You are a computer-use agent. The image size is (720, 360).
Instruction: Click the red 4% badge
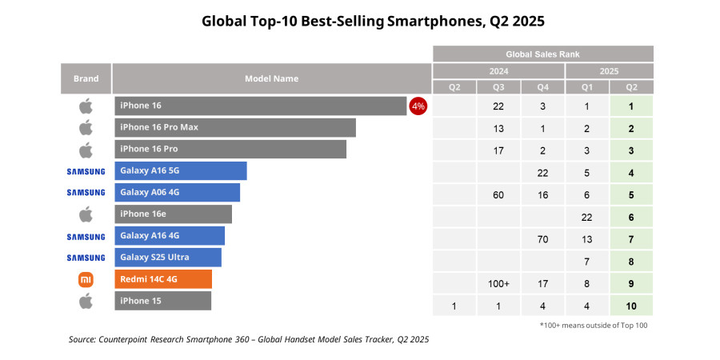(418, 106)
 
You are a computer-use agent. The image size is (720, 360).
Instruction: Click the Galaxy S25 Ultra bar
(167, 257)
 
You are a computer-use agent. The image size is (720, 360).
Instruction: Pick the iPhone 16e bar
(173, 214)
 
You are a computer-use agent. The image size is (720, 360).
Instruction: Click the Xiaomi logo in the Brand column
(86, 279)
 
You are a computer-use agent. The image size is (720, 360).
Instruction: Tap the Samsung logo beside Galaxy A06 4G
(86, 192)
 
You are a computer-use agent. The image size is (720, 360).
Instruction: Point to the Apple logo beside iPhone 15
(86, 301)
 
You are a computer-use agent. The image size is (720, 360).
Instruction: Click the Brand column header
(86, 78)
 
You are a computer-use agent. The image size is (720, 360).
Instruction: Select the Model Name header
(271, 78)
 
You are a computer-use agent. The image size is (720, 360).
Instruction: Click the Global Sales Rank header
(543, 54)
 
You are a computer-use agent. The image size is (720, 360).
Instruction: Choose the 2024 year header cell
(498, 70)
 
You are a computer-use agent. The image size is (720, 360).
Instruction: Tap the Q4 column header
(543, 87)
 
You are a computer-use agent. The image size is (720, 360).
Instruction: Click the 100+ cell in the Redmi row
(498, 283)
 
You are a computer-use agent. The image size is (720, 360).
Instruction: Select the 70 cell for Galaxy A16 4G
(543, 239)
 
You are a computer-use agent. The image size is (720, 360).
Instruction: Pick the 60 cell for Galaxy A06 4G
(498, 195)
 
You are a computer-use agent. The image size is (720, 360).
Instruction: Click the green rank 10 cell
(631, 305)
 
